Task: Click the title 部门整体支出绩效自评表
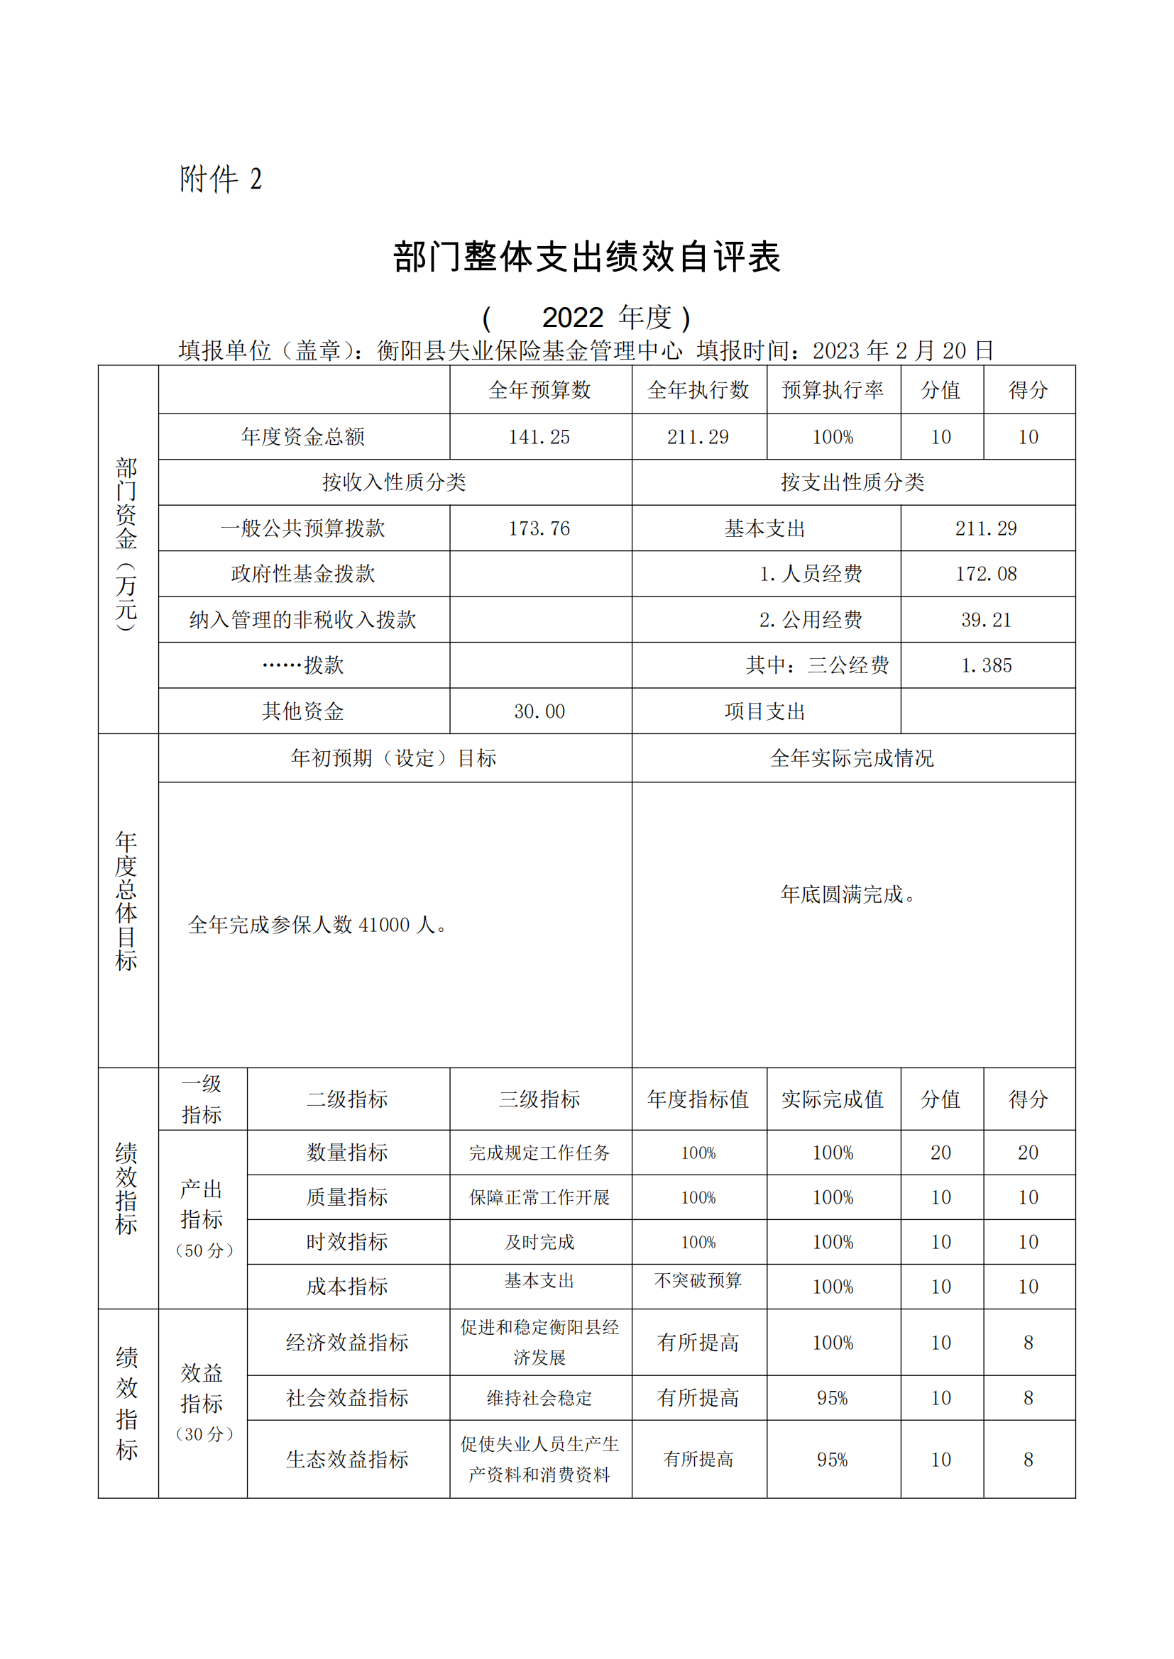click(586, 257)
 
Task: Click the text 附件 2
click(221, 179)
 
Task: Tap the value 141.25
click(539, 437)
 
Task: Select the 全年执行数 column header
click(698, 390)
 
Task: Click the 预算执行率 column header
click(833, 390)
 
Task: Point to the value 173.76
click(539, 528)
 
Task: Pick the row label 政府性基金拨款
click(303, 574)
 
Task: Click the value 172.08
click(986, 574)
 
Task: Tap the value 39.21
click(986, 620)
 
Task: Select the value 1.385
click(986, 665)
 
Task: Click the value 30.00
click(539, 711)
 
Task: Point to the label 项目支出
click(765, 711)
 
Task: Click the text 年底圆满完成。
click(849, 894)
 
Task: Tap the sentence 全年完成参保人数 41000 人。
click(317, 925)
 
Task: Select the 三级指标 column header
click(539, 1099)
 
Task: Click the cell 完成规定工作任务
click(539, 1153)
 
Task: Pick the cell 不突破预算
click(698, 1280)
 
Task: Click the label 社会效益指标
click(347, 1398)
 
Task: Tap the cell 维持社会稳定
click(539, 1398)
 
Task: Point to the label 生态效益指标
click(347, 1460)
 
